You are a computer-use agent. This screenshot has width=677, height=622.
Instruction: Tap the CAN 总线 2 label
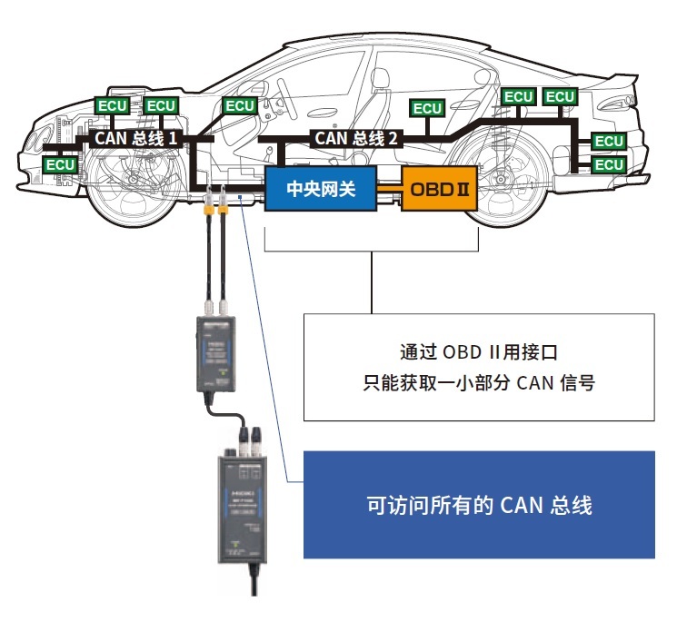pos(355,139)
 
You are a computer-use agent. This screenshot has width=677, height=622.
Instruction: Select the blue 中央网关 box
pos(319,190)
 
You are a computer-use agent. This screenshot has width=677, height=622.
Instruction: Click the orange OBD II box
pos(440,191)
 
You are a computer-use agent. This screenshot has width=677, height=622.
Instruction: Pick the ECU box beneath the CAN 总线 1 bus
pos(61,164)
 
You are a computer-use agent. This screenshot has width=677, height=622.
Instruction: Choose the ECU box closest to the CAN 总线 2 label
pos(427,108)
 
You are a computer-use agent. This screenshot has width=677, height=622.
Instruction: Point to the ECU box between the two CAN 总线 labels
pos(240,106)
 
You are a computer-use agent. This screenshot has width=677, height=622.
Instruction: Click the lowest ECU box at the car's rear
pos(609,164)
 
